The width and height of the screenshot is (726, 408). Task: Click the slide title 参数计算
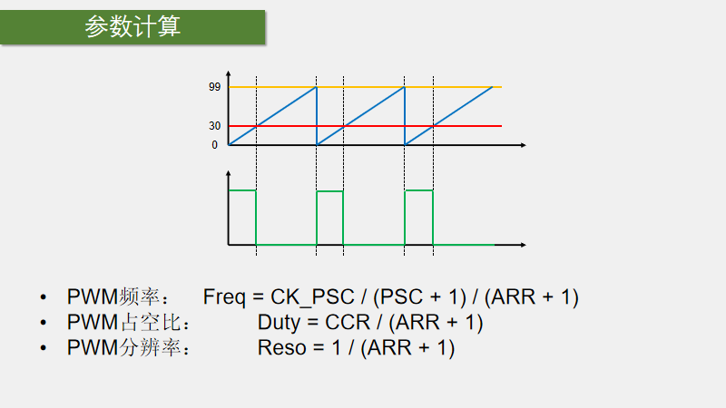[132, 27]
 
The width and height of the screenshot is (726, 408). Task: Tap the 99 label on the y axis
[214, 87]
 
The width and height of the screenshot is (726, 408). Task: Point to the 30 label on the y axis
[214, 126]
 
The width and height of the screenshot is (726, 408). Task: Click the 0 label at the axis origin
[215, 145]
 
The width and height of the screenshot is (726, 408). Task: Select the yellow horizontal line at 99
[408, 87]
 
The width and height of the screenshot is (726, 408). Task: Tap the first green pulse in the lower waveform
[242, 191]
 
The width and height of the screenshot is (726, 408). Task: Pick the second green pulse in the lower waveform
[329, 191]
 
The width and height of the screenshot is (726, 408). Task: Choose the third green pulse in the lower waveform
[418, 191]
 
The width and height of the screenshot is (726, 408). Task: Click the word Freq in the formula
[223, 297]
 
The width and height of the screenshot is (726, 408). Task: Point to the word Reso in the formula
[280, 348]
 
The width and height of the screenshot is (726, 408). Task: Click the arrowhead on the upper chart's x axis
[523, 145]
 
